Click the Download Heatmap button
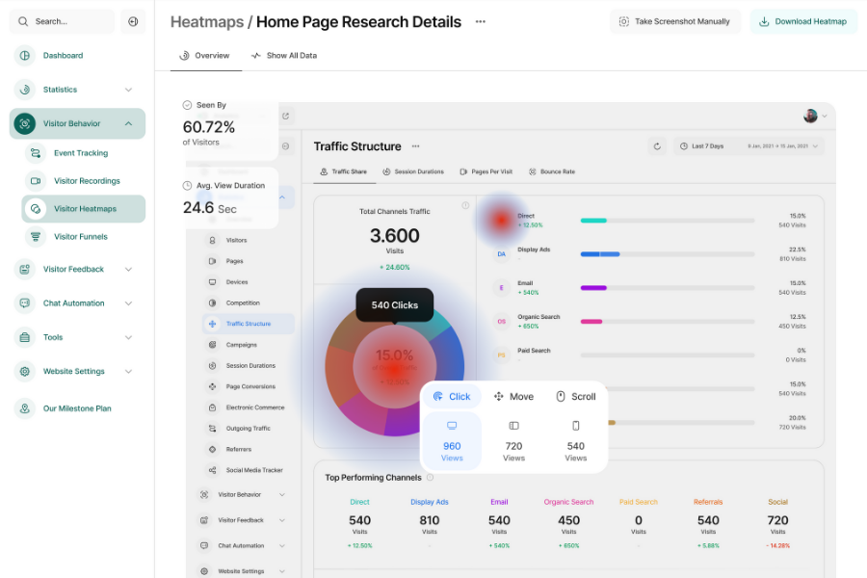click(x=803, y=21)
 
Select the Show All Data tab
click(x=284, y=56)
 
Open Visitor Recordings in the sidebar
click(x=87, y=181)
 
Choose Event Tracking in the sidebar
click(x=81, y=153)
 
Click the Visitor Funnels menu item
click(x=81, y=237)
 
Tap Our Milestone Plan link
click(x=77, y=408)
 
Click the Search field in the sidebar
click(x=63, y=21)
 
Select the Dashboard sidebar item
click(x=63, y=56)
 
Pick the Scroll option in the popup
click(x=576, y=397)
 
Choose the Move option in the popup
click(x=513, y=397)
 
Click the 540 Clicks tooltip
click(x=395, y=305)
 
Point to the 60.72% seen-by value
click(x=209, y=127)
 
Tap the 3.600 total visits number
click(x=395, y=236)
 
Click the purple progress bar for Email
click(x=593, y=288)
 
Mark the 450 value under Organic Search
click(x=569, y=520)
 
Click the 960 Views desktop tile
click(x=452, y=441)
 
